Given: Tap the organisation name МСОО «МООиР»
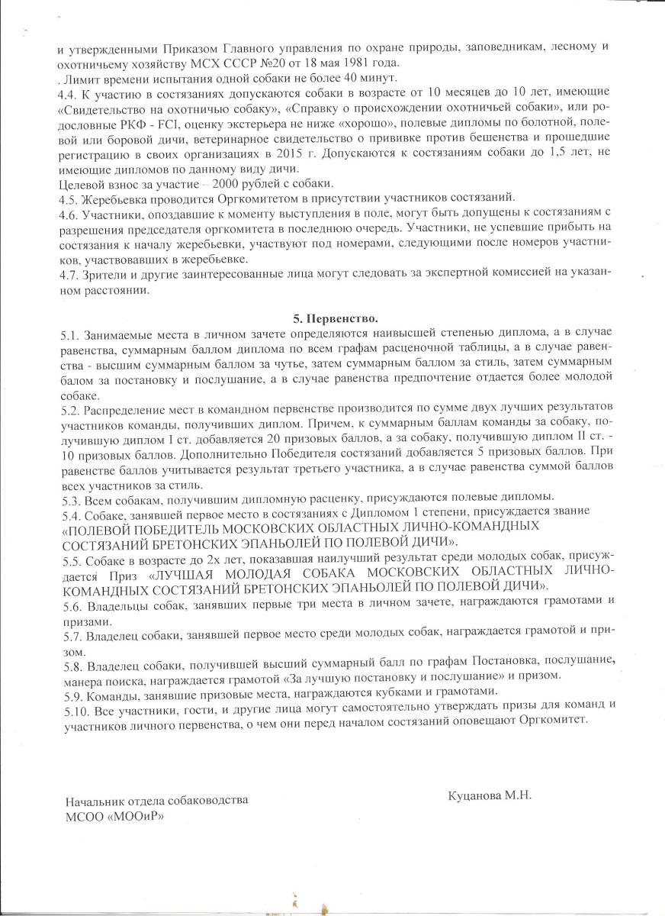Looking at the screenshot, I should (115, 815).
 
